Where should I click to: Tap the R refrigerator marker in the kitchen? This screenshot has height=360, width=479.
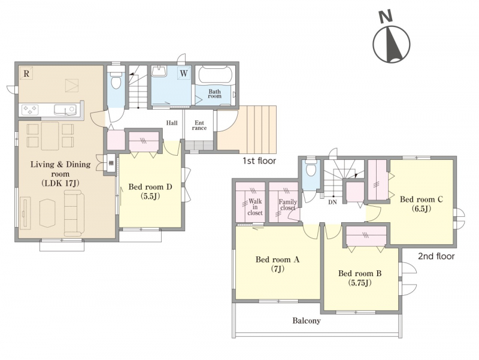[x=26, y=73]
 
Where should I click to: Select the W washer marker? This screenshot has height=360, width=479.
[x=184, y=73]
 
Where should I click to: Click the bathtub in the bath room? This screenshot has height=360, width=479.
[x=216, y=75]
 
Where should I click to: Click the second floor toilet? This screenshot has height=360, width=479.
[x=310, y=168]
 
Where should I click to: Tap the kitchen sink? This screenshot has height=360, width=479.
[x=65, y=110]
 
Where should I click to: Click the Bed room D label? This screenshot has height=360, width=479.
[x=150, y=191]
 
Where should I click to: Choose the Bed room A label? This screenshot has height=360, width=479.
[x=277, y=264]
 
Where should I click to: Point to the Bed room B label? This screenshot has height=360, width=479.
[x=360, y=278]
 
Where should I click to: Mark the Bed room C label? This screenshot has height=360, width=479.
[x=422, y=204]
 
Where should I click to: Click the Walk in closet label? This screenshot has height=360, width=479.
[x=255, y=207]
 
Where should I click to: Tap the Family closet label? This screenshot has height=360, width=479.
[x=288, y=205]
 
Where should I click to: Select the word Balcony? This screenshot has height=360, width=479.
[x=307, y=321]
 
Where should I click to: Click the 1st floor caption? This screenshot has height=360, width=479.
[x=259, y=161]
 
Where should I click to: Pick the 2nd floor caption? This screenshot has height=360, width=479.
[x=436, y=256]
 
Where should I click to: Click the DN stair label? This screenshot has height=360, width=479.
[x=332, y=202]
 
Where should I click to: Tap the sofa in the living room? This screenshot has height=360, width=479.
[x=74, y=213]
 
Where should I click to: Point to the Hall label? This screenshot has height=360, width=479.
[x=172, y=123]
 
